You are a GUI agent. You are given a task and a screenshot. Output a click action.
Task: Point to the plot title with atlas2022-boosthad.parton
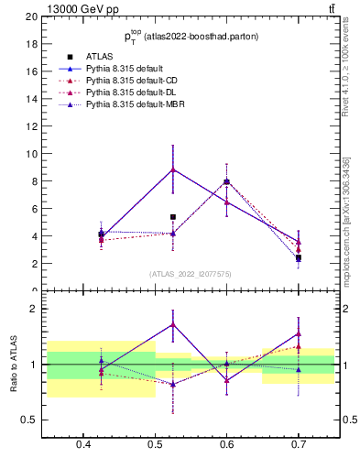[191, 36]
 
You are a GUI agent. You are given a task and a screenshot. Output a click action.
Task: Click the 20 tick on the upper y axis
[32, 16]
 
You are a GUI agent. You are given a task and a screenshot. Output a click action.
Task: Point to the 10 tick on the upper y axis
[32, 154]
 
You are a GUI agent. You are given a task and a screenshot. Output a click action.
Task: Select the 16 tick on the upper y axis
[32, 71]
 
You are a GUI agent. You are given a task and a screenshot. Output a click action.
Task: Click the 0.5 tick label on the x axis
[155, 444]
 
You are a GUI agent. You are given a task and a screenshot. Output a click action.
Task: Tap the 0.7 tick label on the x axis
[299, 444]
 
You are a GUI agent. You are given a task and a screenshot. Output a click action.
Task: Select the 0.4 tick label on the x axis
[83, 444]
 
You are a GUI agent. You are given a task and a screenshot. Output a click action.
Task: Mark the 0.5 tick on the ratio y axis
[30, 420]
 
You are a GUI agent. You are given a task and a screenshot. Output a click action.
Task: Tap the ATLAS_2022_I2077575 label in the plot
[190, 274]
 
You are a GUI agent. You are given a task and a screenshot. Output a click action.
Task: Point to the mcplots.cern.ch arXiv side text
[345, 220]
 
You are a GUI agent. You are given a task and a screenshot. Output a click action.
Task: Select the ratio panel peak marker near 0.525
[173, 324]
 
